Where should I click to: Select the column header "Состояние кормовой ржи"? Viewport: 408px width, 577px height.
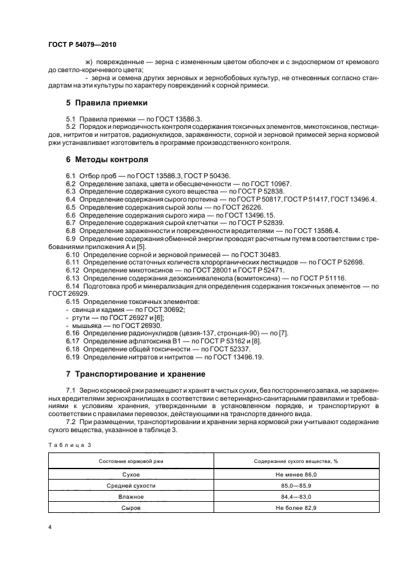click(x=131, y=462)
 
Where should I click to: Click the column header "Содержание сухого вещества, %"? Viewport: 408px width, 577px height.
click(x=296, y=462)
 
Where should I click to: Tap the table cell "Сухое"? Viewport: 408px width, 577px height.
click(x=131, y=475)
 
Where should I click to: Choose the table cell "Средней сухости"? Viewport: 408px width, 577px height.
click(x=131, y=486)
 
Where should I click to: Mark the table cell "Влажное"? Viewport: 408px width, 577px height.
click(x=131, y=496)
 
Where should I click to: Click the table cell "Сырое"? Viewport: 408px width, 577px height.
click(x=131, y=507)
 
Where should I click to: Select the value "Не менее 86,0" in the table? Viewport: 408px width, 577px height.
click(x=296, y=475)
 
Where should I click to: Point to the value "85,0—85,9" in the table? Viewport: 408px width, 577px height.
click(x=296, y=486)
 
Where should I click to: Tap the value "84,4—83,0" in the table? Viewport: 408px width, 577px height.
click(x=296, y=496)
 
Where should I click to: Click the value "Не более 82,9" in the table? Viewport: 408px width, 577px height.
click(x=296, y=507)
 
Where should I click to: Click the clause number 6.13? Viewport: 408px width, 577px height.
click(x=73, y=278)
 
